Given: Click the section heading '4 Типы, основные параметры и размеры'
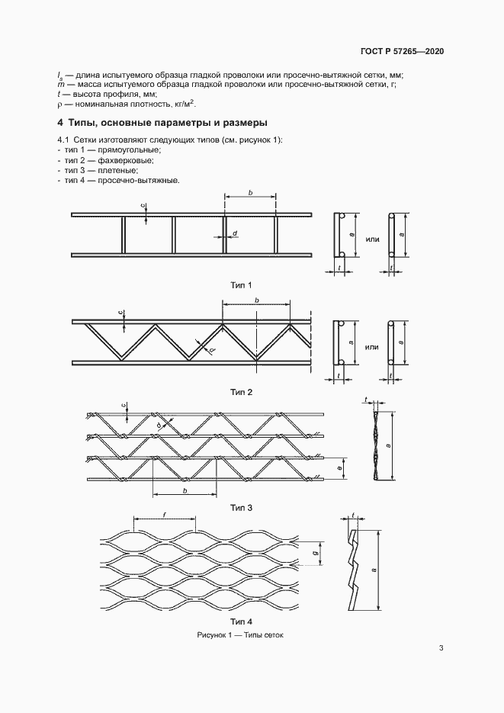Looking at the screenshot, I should point(161,123).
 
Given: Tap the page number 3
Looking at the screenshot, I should point(441,648).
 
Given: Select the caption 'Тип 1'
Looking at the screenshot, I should point(241,285).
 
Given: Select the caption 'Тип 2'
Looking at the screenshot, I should point(241,392).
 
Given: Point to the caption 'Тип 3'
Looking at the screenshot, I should point(241,507).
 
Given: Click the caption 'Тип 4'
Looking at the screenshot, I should point(241,621).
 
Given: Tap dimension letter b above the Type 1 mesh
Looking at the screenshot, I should point(250,194).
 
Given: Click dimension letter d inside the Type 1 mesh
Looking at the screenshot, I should point(235,233).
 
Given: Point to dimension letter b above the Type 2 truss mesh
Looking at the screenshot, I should point(257,301).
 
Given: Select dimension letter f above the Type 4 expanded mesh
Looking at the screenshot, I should point(165,516).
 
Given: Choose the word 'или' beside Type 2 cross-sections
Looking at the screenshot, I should point(372,347).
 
